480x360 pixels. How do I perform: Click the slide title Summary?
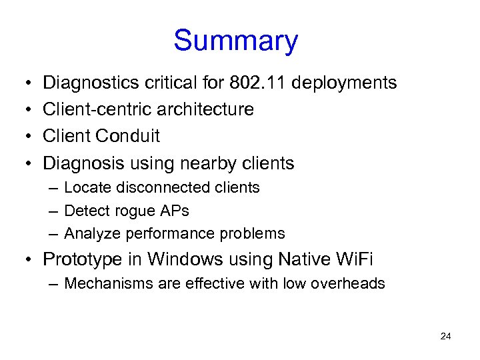point(235,41)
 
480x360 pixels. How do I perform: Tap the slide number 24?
point(446,336)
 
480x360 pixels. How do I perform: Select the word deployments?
point(345,83)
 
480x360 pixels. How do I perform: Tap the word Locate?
point(87,188)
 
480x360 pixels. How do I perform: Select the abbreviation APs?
point(174,211)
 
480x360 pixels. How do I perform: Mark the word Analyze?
point(90,234)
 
